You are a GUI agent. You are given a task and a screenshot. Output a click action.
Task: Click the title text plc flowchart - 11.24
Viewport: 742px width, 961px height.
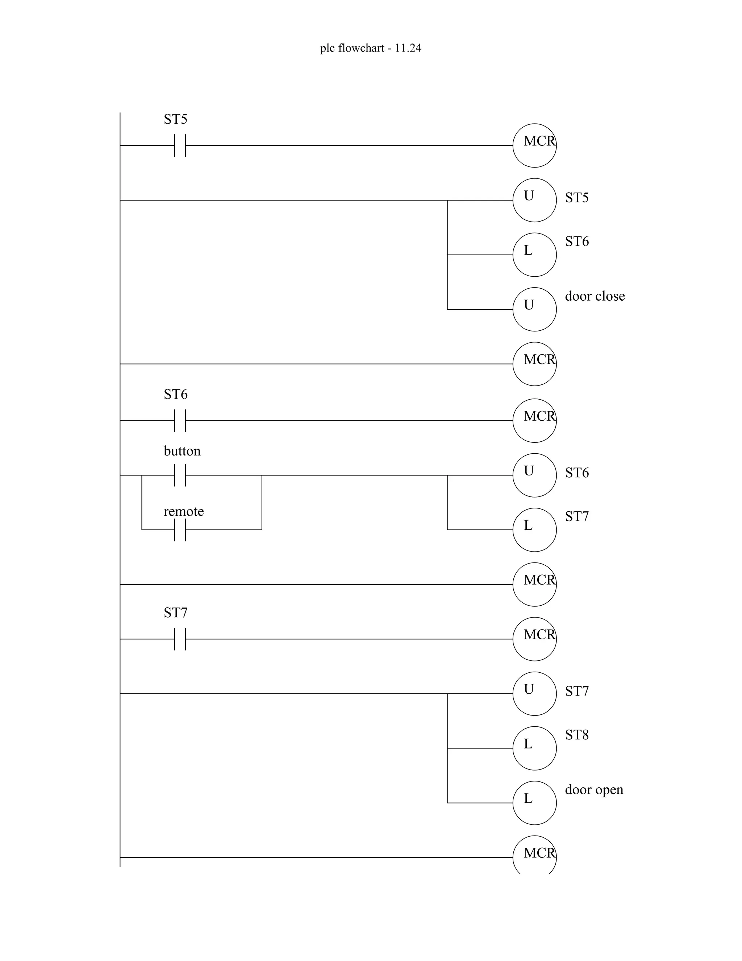coord(371,48)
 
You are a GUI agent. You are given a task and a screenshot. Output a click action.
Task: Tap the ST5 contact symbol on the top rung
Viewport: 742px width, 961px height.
coord(180,146)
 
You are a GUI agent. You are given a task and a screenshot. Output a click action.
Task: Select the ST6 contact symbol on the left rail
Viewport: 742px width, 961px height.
coord(180,421)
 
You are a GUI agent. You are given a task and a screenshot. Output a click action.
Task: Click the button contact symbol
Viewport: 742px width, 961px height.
coord(180,475)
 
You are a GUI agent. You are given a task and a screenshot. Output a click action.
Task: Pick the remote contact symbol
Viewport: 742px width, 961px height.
coord(180,530)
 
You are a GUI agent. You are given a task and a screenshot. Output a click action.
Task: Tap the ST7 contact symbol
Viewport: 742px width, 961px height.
coord(180,639)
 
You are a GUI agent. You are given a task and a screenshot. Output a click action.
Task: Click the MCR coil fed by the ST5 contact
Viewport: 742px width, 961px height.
coord(534,146)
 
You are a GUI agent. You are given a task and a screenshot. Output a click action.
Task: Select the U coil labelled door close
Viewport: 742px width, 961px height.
coord(534,309)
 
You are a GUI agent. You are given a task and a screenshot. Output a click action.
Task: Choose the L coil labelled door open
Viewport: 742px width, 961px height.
coord(534,803)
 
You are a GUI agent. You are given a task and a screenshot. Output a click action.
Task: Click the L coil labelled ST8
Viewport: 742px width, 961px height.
coord(534,748)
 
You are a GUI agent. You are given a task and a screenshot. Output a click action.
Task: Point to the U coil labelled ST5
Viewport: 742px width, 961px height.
coord(534,200)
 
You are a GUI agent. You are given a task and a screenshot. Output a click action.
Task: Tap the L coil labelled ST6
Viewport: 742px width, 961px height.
coord(534,255)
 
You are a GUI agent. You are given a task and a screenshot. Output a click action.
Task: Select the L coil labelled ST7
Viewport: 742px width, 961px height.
coord(534,530)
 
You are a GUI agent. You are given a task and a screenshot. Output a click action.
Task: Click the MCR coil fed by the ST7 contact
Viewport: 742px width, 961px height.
coord(534,639)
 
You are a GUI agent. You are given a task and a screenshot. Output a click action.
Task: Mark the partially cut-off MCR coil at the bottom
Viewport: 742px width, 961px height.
coord(534,855)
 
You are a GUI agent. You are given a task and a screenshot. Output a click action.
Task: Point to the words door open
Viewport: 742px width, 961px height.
coord(594,790)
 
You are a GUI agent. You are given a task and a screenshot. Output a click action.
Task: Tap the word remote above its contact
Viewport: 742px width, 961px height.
coord(183,511)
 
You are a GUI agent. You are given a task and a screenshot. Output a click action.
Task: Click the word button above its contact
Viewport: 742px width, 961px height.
coord(182,451)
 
